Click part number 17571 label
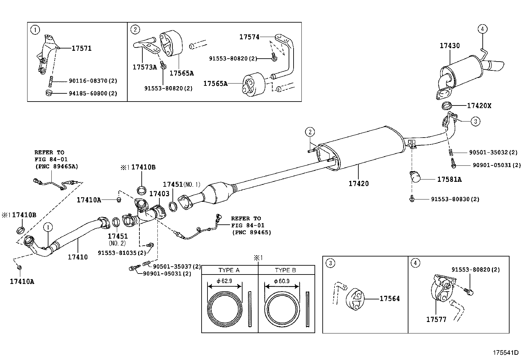coord(81,48)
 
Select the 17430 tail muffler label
coord(449,46)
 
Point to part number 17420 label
coord(358,184)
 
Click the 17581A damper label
coord(449,180)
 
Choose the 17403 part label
coord(159,194)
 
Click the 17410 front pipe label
coord(78,257)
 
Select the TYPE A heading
coord(229,270)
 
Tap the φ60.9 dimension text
coord(281,281)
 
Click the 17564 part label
coord(389,299)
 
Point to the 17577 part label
coord(436,319)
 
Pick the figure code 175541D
coord(506,352)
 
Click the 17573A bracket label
coord(145,67)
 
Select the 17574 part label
coord(249,37)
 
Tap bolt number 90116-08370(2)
coord(93,81)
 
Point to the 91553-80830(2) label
coord(455,199)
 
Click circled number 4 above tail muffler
coord(482,29)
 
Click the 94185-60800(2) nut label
coord(93,93)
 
